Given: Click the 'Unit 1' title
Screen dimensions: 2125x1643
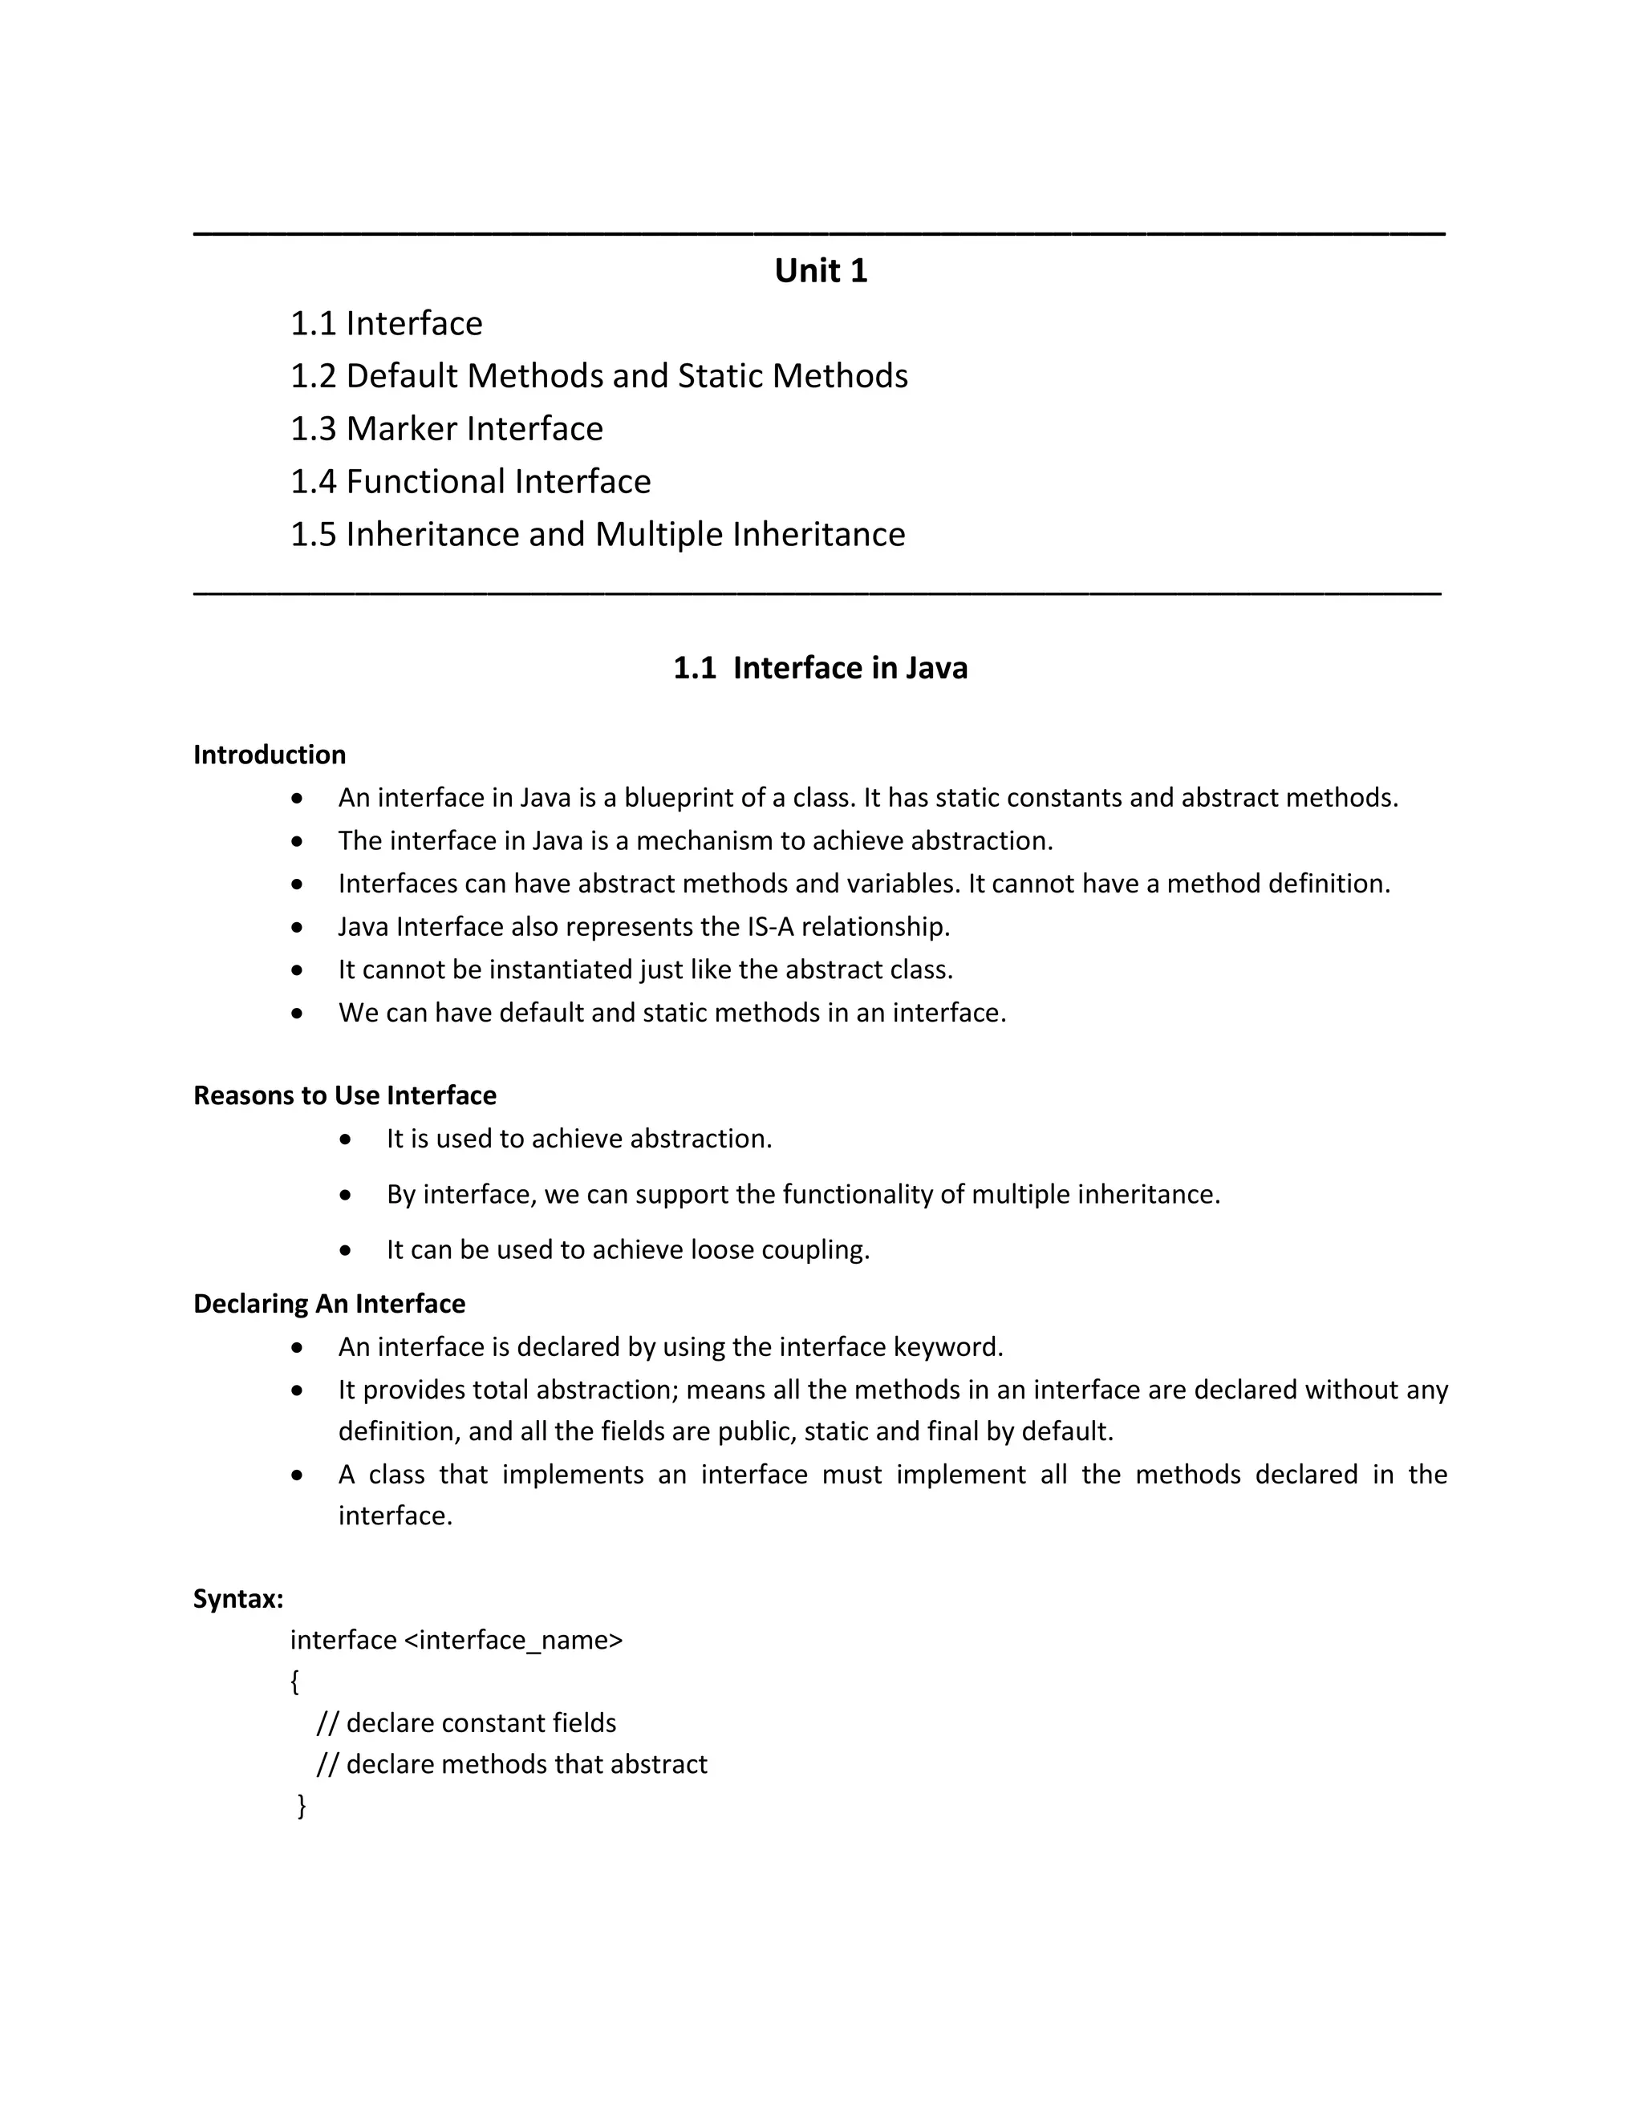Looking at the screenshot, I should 821,270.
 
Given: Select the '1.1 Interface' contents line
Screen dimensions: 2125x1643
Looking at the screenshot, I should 387,323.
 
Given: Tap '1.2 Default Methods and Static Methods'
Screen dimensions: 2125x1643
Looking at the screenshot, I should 598,375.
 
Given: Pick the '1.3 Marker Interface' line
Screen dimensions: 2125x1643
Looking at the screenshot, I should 447,428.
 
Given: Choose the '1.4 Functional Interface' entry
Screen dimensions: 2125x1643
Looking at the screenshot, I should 470,482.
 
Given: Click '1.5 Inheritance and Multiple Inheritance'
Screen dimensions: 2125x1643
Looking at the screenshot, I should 598,534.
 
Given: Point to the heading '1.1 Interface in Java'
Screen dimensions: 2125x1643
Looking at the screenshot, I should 821,667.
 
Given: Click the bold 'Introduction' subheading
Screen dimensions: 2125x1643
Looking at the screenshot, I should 270,755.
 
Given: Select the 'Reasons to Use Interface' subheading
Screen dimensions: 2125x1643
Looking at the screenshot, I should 344,1095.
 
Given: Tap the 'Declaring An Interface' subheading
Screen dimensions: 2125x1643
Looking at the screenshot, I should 329,1304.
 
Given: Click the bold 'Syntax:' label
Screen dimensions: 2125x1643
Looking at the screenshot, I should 238,1599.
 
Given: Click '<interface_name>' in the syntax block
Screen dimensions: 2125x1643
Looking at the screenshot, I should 513,1641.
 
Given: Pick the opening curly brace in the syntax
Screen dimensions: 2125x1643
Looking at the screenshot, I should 295,1682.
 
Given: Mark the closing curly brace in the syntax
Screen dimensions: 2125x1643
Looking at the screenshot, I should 302,1806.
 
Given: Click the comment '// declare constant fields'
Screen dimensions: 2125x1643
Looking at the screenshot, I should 466,1723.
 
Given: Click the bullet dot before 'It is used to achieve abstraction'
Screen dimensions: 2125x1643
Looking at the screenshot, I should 346,1139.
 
